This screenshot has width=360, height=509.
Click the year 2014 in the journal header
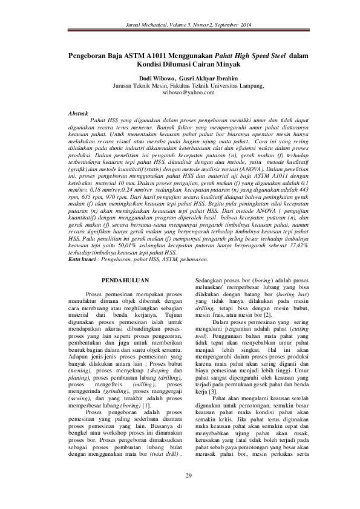(243, 25)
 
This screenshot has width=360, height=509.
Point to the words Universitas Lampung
(219, 86)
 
